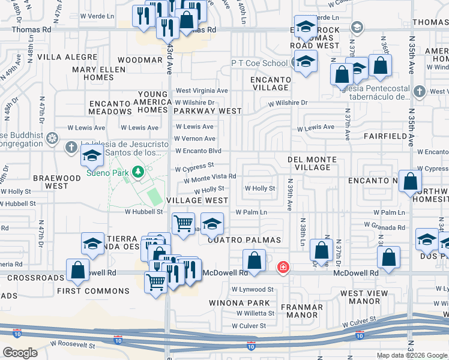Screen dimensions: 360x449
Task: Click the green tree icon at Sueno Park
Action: tap(139, 173)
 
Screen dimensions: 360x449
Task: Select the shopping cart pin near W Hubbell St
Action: tap(184, 224)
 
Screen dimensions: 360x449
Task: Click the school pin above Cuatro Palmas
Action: tap(212, 224)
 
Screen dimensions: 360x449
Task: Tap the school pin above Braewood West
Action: tap(92, 156)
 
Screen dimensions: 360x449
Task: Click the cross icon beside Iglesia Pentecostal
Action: tap(420, 91)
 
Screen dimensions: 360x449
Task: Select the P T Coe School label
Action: tap(259, 63)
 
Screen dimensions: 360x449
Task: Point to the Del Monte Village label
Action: tap(312, 163)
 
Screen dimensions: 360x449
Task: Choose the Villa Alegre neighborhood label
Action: tap(67, 57)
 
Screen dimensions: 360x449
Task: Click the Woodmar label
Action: tap(140, 61)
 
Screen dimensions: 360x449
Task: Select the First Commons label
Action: tap(93, 291)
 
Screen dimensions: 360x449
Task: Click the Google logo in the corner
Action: tap(20, 353)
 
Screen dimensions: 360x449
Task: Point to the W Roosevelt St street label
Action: tap(73, 346)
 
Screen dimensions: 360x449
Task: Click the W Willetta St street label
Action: tap(255, 313)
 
